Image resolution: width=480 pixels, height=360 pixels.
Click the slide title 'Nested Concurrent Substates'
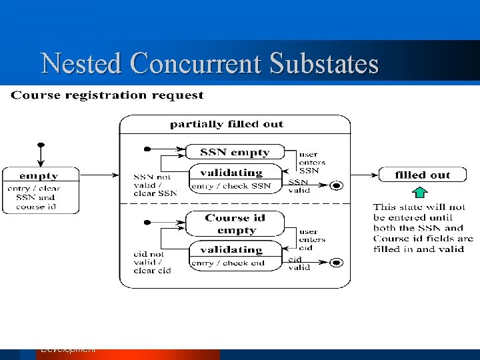tap(209, 64)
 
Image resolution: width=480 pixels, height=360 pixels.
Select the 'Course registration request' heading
tap(107, 95)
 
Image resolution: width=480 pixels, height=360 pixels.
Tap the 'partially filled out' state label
tap(227, 124)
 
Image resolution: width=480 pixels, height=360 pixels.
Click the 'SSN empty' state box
tap(235, 152)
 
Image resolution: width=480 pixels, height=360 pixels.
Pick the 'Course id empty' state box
tap(235, 224)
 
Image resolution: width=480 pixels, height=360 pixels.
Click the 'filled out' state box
tap(423, 175)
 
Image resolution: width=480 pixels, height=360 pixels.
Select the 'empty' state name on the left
tap(39, 176)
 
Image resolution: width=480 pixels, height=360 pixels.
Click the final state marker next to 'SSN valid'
tap(337, 185)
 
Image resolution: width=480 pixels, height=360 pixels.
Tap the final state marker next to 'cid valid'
tap(337, 263)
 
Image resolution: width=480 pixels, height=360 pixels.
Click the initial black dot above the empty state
tap(41, 144)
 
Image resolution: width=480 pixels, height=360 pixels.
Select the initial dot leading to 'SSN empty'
tap(147, 148)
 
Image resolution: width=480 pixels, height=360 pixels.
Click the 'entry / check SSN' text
tap(231, 186)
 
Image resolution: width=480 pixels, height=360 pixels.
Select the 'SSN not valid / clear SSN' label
tap(155, 185)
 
